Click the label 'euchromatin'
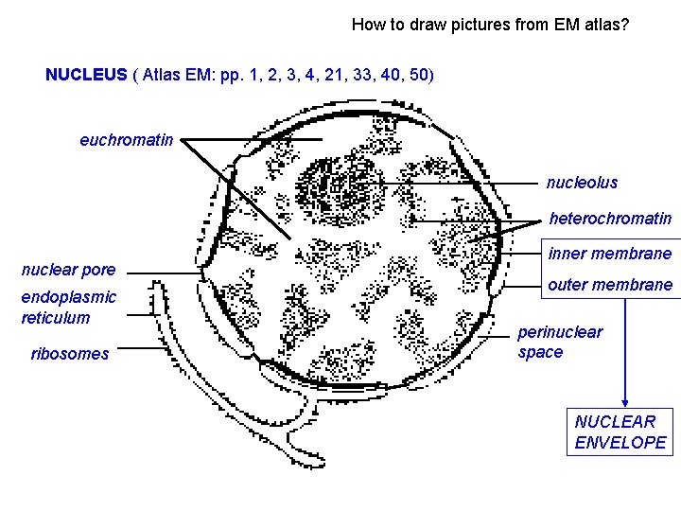tap(126, 140)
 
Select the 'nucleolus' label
tap(582, 183)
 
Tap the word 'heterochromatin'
tap(610, 219)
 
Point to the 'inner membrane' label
tap(610, 253)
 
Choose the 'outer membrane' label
tap(610, 285)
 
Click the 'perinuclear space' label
tap(560, 342)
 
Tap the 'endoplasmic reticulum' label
tap(69, 307)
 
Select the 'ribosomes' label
tap(69, 354)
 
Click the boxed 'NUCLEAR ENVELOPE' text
tap(620, 432)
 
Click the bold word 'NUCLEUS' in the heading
tap(86, 74)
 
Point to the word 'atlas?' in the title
tap(606, 25)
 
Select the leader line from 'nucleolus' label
tap(454, 183)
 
